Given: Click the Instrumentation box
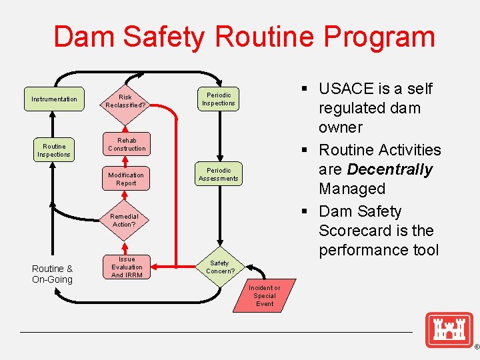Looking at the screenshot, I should click(x=54, y=99).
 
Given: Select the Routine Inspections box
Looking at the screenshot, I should click(x=54, y=151).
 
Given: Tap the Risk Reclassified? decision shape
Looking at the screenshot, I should click(x=125, y=101).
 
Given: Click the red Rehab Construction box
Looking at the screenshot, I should click(x=127, y=145).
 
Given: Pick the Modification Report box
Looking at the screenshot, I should click(x=126, y=179).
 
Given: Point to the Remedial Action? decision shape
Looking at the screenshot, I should click(x=125, y=219).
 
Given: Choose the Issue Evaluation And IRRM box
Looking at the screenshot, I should click(x=127, y=267).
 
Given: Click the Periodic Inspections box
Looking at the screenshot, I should click(x=219, y=99).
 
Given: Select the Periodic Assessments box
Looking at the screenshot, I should click(x=219, y=175).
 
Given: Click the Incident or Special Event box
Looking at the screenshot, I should click(x=265, y=296).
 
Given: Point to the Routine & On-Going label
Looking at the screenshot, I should click(x=52, y=274).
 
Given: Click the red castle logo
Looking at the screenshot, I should click(x=449, y=329).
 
